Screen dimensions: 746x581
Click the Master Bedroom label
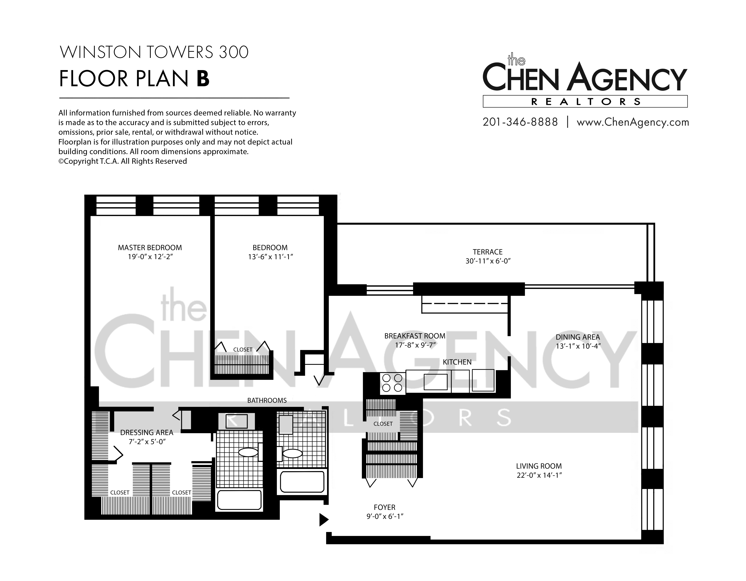click(150, 247)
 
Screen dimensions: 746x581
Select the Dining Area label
click(578, 337)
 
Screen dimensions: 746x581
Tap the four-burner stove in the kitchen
click(392, 383)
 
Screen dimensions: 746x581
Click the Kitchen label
click(457, 362)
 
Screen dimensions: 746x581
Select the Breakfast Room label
click(415, 336)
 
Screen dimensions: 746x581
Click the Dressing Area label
click(147, 432)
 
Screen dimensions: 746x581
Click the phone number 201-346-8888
click(520, 122)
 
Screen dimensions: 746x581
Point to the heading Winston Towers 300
click(154, 52)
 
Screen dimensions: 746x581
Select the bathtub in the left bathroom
click(239, 500)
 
